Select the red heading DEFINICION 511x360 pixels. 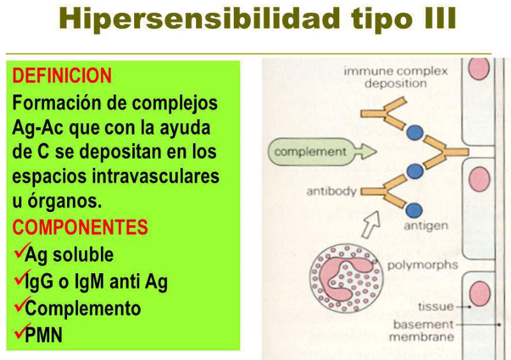point(62,76)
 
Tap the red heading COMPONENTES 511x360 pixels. point(80,227)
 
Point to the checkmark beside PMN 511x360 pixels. point(19,332)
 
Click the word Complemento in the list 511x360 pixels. point(83,308)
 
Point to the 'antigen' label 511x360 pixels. point(425,225)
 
